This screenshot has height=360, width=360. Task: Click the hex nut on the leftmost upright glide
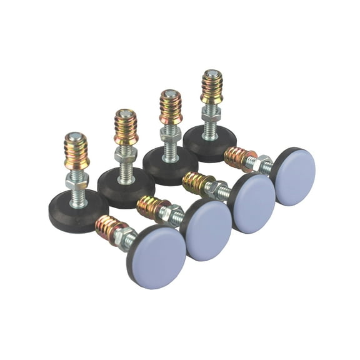coord(77,181)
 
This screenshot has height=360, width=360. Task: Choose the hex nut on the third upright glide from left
coord(170,133)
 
